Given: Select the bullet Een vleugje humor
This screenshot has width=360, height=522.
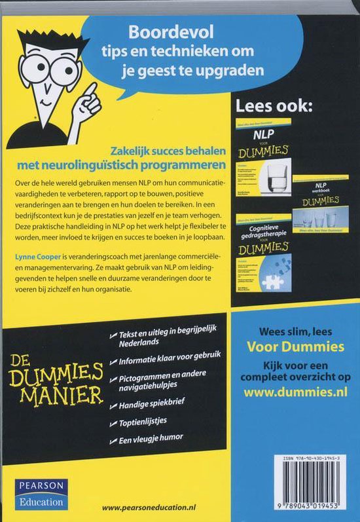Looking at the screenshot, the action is click(151, 438).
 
